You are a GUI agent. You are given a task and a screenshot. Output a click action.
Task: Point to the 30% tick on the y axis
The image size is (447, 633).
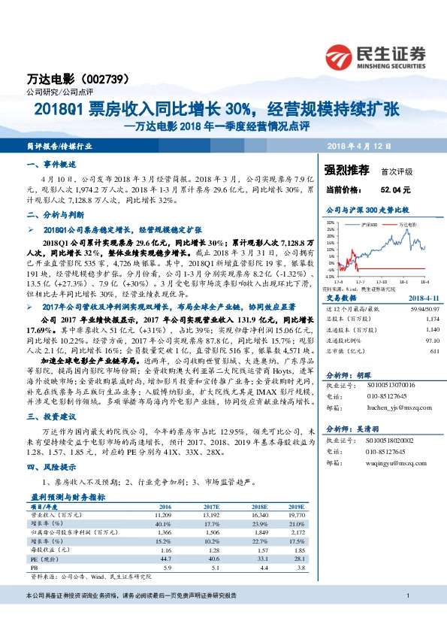click(331, 223)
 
